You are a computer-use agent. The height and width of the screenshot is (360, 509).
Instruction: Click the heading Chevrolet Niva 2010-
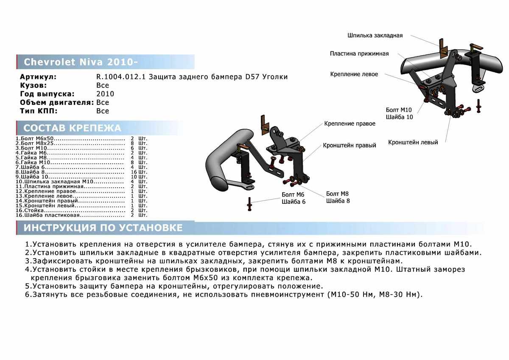(81, 62)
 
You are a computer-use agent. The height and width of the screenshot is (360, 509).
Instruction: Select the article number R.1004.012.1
(120, 77)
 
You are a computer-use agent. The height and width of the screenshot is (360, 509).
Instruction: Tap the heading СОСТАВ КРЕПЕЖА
(72, 128)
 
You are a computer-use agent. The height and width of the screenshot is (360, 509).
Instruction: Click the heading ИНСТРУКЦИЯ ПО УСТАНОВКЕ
(103, 228)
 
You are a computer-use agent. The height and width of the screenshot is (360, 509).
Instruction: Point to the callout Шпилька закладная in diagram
(375, 36)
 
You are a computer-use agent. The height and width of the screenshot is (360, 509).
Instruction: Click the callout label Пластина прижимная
(359, 53)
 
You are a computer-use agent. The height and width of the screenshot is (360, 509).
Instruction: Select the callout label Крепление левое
(354, 74)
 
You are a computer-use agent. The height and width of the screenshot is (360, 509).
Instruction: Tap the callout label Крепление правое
(350, 124)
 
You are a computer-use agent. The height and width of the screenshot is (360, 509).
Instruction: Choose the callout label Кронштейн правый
(350, 145)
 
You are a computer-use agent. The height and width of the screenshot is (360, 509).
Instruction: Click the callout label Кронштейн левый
(413, 142)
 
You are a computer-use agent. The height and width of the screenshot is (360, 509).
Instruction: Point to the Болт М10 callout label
(399, 110)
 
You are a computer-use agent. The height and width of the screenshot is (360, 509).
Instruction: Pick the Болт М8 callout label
(337, 194)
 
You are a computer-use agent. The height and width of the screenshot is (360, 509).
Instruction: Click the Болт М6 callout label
(293, 195)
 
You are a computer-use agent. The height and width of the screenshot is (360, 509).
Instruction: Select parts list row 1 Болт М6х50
(81, 138)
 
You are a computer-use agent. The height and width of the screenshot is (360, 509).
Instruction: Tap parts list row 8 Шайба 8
(81, 172)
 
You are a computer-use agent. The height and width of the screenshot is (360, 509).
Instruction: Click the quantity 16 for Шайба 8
(134, 172)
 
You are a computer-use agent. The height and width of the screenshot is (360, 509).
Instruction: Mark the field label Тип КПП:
(39, 111)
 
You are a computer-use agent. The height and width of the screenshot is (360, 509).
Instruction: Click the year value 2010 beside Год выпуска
(105, 94)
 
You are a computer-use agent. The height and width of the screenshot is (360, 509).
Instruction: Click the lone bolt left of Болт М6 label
(249, 204)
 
